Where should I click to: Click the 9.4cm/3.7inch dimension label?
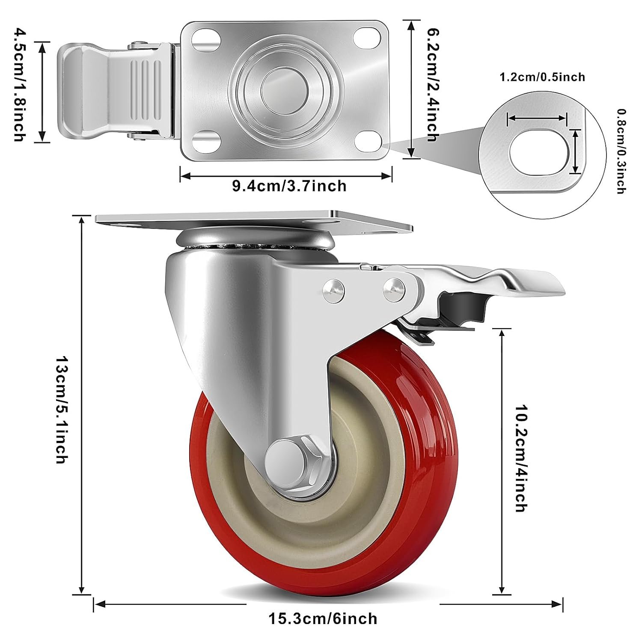coord(289,186)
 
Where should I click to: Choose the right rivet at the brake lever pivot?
coord(393,285)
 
